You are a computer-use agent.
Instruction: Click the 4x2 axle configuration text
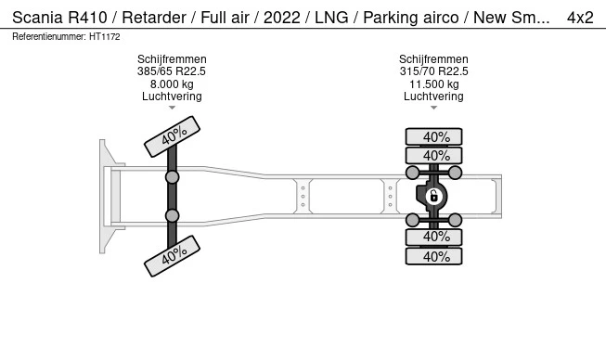pos(580,18)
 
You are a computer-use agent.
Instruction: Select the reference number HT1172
pos(104,37)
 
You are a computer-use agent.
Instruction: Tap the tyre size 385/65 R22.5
pos(172,71)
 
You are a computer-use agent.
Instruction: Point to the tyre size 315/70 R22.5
pos(433,71)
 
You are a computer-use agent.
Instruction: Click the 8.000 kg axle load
pos(172,84)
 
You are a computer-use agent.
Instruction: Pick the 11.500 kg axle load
pos(434,84)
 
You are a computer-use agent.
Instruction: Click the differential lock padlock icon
pos(433,196)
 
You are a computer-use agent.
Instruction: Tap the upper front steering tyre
pos(172,136)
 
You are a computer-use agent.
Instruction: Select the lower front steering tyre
pos(172,256)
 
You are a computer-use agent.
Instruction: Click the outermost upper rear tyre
pos(433,137)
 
